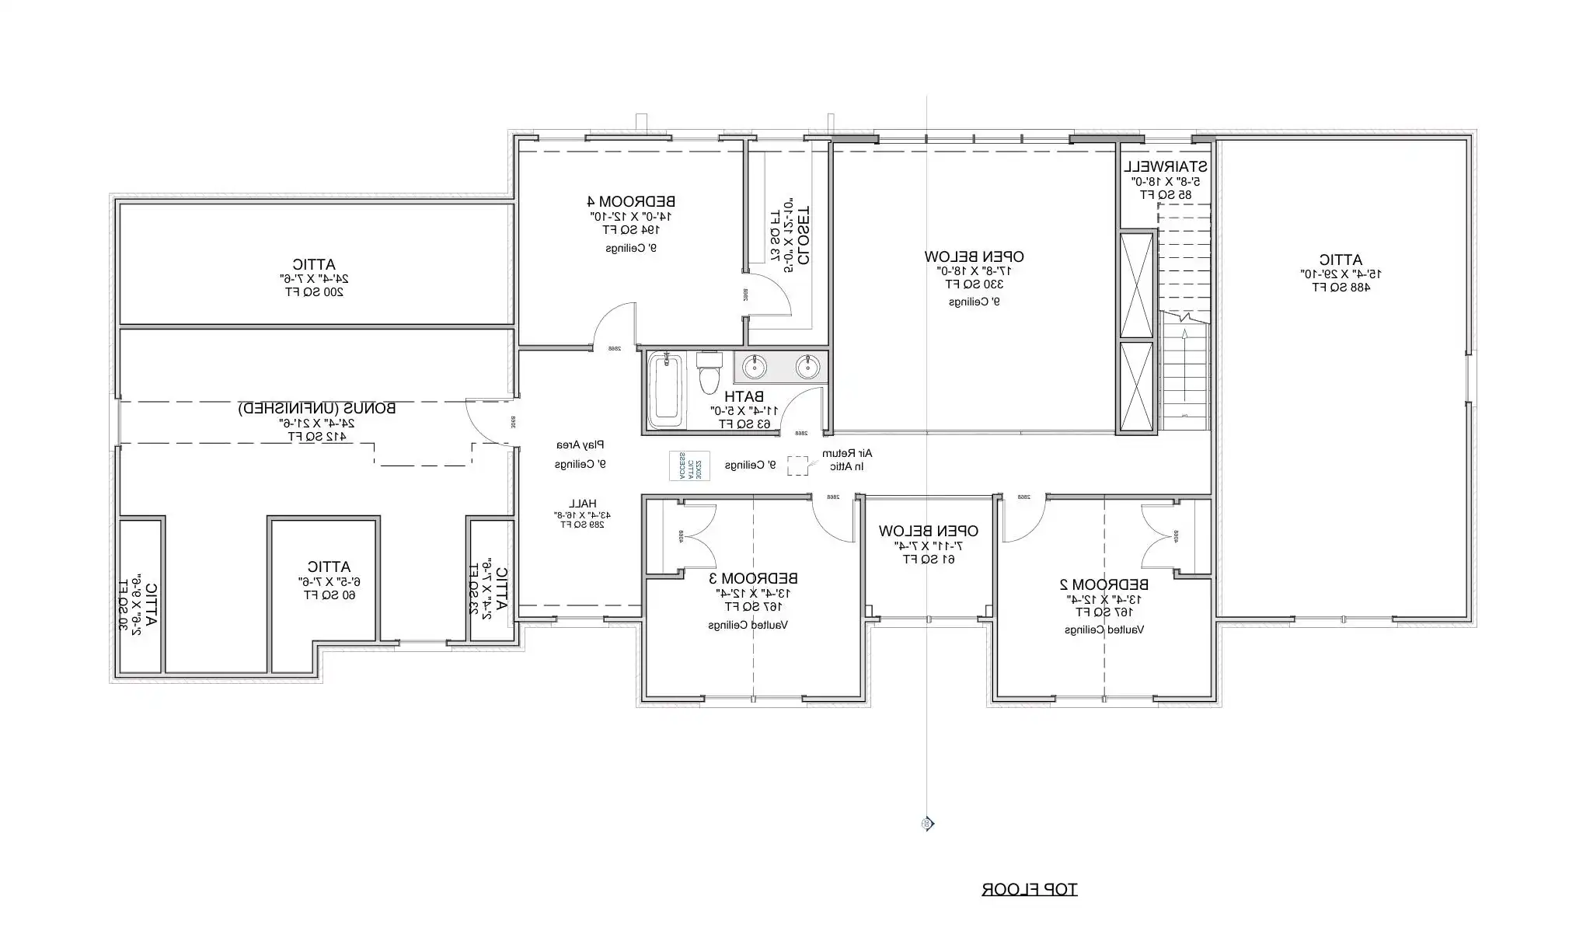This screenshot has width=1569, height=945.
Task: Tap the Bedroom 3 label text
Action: [x=753, y=578]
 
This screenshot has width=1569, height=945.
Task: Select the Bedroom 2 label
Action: [x=1104, y=584]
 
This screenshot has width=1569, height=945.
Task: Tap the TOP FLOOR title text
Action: [x=1029, y=889]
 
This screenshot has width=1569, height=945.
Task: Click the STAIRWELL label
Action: [x=1165, y=166]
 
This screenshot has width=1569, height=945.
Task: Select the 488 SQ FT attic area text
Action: [x=1341, y=287]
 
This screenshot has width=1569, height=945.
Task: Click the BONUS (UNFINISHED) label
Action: [x=316, y=408]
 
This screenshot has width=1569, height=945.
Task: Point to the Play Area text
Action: [x=580, y=445]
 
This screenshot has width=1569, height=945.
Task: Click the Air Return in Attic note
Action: [x=847, y=459]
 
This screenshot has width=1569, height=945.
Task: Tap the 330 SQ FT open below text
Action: [x=973, y=284]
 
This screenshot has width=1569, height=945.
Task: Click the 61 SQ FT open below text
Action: [x=928, y=560]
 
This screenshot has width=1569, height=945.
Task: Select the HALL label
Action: [x=582, y=503]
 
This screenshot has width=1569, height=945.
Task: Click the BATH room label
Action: [x=744, y=396]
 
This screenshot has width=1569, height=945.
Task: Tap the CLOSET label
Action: [x=803, y=235]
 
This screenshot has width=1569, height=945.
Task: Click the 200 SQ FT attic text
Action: [x=314, y=292]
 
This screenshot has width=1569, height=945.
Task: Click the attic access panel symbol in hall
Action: [x=689, y=466]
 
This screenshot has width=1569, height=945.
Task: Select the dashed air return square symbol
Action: [x=797, y=465]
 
